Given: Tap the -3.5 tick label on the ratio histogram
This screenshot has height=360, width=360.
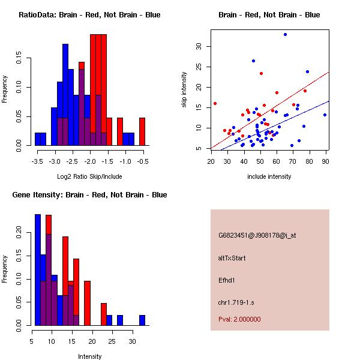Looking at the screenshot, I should coord(37,161).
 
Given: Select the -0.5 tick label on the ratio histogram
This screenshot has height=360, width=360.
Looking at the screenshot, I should coord(143,161).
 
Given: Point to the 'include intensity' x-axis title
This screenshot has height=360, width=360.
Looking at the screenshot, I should coord(269,176).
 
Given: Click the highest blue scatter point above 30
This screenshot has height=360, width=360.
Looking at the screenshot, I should coord(285,34).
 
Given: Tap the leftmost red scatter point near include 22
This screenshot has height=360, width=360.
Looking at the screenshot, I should coord(215,103).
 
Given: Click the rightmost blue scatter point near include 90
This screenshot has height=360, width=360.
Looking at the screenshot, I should coord(325,115).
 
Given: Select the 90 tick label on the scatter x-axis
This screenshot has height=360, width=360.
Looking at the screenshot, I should coord(326,161).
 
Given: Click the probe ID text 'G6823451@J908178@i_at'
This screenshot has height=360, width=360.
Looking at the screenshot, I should coord(257,235).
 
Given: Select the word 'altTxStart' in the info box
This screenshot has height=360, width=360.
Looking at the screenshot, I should coord(232,258).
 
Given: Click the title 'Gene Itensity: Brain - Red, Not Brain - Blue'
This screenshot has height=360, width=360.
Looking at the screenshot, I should coord(89,195).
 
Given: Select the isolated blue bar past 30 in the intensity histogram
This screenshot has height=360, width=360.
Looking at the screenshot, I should coord(142,320).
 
